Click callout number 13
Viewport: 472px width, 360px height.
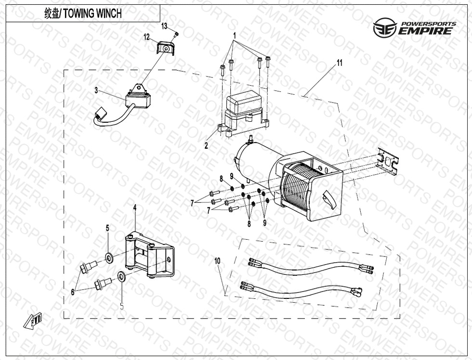[164, 25]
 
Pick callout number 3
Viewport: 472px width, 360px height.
[96, 90]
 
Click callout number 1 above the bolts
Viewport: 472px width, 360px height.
[235, 36]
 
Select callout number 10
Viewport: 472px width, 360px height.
[217, 260]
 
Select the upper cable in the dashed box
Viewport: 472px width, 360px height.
[311, 266]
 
